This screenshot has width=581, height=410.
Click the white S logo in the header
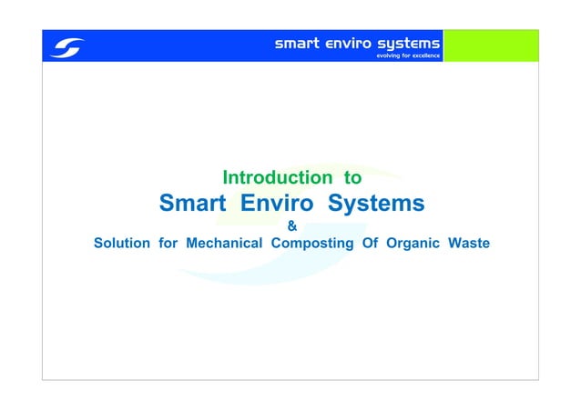(66, 46)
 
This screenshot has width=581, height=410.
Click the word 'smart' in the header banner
(297, 42)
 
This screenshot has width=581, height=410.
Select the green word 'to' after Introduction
(352, 177)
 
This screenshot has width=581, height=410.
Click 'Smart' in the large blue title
(192, 203)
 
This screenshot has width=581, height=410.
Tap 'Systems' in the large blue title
(376, 203)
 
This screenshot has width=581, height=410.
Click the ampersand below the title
(291, 226)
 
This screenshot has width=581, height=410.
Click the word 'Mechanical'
(225, 244)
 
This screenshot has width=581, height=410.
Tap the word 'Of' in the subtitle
(370, 244)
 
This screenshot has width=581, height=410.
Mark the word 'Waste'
(469, 244)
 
